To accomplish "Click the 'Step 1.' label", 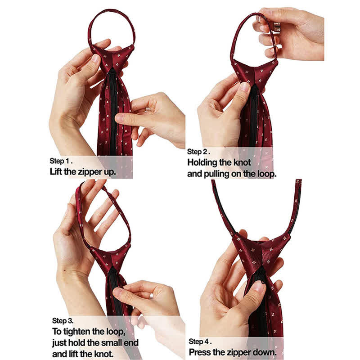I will click(x=61, y=160).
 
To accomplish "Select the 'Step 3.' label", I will click(x=63, y=321).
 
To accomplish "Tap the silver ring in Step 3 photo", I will click(x=152, y=296).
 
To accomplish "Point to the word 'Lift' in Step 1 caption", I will click(x=55, y=171).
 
